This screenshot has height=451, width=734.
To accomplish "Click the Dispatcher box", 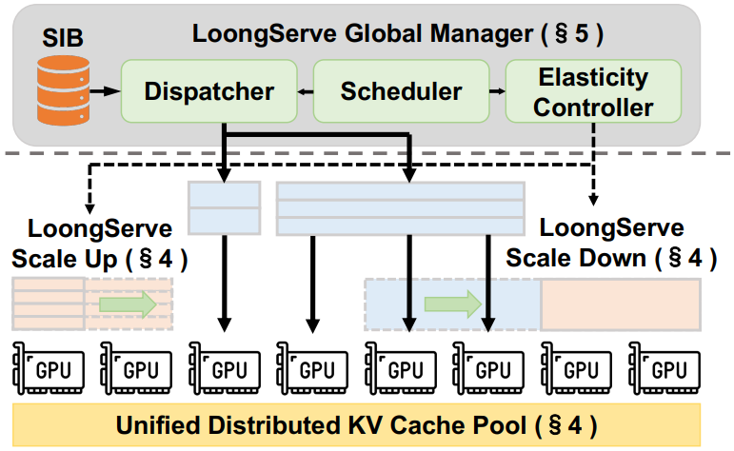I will coord(208,92).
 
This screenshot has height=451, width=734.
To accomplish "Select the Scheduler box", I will coord(401,92).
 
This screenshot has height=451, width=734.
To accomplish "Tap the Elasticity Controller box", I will coord(593,91).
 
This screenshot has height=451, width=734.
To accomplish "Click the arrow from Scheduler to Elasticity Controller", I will coord(496,92).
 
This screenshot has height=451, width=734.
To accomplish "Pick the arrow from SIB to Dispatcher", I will coord(106,92).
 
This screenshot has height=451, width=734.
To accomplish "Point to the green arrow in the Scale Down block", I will coord(451,304).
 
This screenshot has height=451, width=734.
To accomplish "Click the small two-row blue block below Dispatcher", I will coord(225,207).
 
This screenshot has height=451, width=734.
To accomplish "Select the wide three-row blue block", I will coord(400,207).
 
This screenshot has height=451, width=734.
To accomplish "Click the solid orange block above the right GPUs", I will coord(620,304).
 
